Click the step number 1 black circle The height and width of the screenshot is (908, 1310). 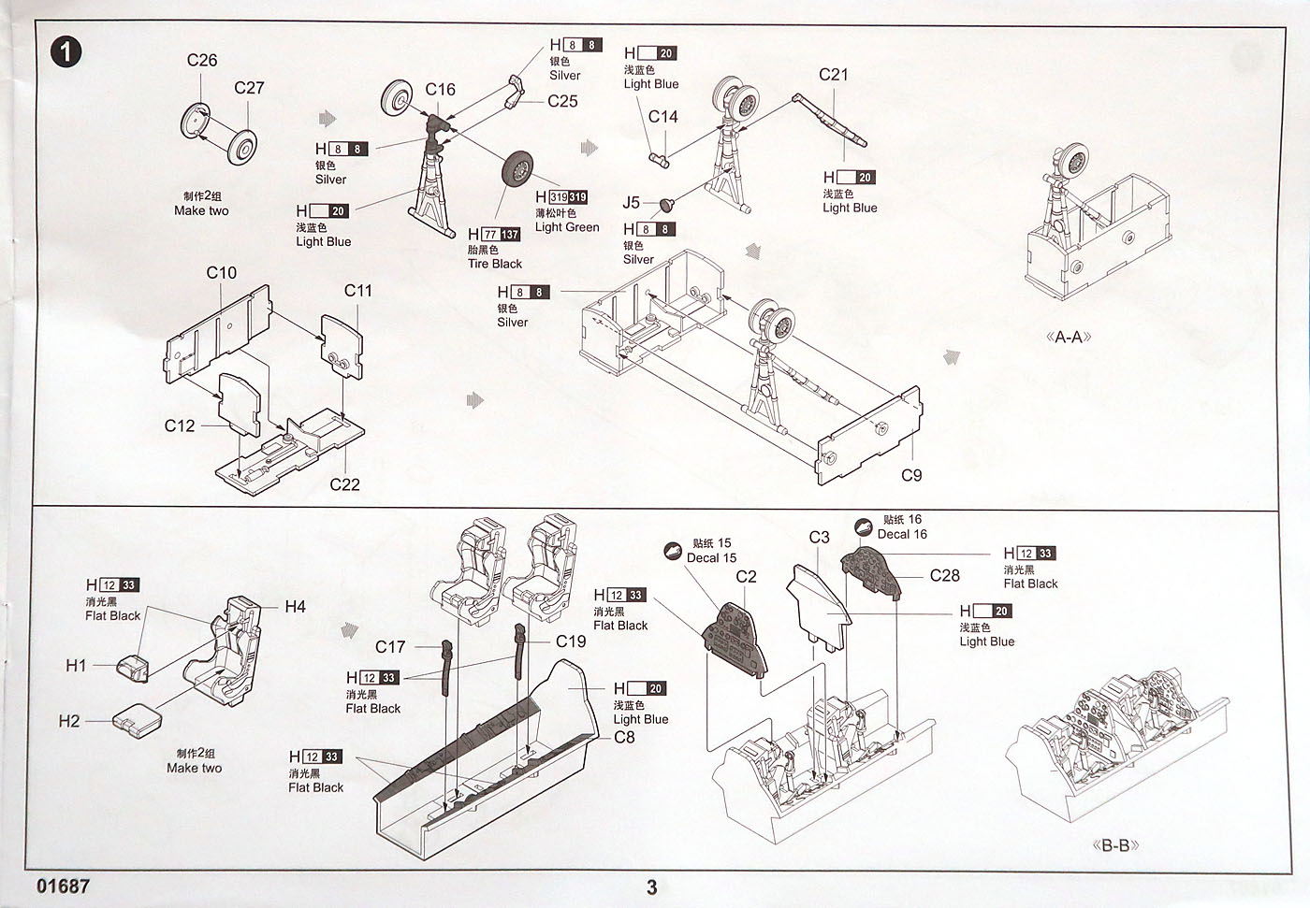[x=65, y=50]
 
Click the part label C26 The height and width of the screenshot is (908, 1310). [x=202, y=61]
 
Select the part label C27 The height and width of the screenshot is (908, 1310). [x=249, y=88]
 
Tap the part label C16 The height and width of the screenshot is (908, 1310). [x=440, y=90]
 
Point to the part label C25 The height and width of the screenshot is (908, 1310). [x=562, y=101]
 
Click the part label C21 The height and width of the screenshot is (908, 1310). [x=833, y=75]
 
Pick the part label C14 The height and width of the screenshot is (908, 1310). [x=662, y=117]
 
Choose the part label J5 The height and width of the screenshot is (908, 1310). [x=632, y=203]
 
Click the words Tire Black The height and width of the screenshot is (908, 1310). [x=495, y=264]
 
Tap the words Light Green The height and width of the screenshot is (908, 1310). [x=567, y=227]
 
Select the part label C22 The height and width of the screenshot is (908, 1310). [x=344, y=484]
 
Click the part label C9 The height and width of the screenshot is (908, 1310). [x=910, y=475]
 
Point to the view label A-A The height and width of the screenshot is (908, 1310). [x=1068, y=337]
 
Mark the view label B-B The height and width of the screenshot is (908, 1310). [x=1115, y=846]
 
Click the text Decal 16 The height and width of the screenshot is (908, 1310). [x=902, y=534]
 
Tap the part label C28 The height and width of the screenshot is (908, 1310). [x=944, y=576]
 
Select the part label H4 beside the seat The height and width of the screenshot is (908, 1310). [x=295, y=607]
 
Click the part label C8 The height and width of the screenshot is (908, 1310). [x=624, y=737]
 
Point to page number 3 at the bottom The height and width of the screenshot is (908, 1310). [x=652, y=887]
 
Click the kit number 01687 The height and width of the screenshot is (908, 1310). [x=64, y=886]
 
